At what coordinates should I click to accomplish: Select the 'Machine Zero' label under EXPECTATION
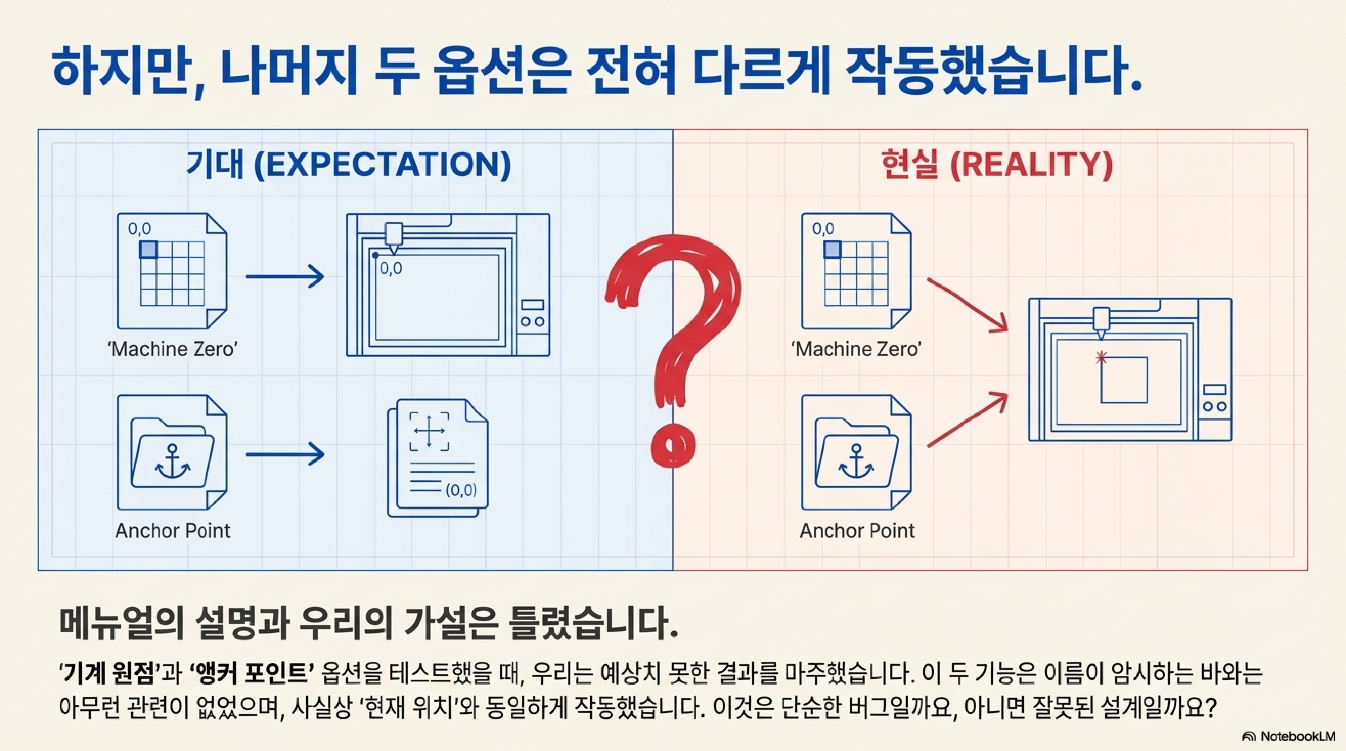[x=172, y=349]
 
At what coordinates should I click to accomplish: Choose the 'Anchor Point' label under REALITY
[x=857, y=531]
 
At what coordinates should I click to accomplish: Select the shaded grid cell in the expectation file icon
[x=148, y=249]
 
